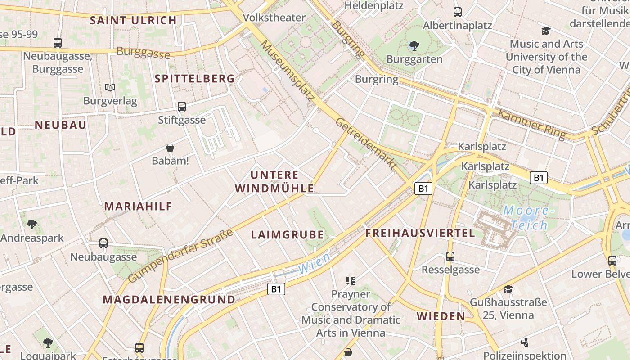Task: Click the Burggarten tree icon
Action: [x=414, y=45]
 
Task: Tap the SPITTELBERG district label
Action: [x=195, y=79]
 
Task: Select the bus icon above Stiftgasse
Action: [x=182, y=107]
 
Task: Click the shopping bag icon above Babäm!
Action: [x=170, y=147]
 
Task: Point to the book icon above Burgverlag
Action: [x=110, y=87]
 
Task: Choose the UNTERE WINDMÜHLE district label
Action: [x=274, y=182]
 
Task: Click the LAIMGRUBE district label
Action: [x=287, y=234]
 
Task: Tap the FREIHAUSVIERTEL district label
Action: [x=420, y=233]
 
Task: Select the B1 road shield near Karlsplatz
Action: [x=423, y=188]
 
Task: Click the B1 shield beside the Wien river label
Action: [x=276, y=289]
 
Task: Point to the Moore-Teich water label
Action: [x=526, y=218]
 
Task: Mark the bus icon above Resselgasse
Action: [x=450, y=256]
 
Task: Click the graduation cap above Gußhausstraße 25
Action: [x=508, y=289]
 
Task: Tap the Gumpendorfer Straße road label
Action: [x=180, y=256]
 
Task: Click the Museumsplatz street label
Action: [x=287, y=70]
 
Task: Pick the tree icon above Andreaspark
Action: [x=32, y=224]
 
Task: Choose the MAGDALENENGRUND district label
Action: [x=169, y=300]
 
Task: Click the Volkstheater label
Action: [x=274, y=18]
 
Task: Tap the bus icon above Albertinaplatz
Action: [x=458, y=12]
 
